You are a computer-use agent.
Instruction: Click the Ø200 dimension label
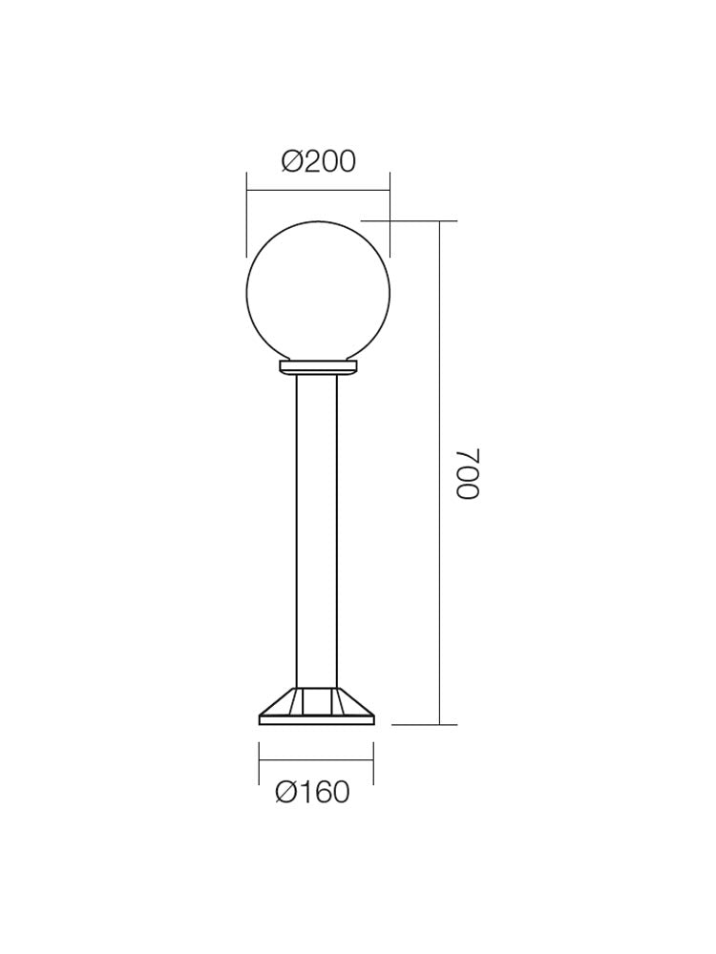click(x=318, y=161)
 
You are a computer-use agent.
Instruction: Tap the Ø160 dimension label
click(x=312, y=793)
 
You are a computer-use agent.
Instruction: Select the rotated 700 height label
click(x=467, y=473)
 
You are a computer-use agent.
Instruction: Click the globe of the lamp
click(x=318, y=292)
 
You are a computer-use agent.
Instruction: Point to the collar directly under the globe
click(x=318, y=366)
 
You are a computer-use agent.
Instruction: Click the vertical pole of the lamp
click(x=317, y=525)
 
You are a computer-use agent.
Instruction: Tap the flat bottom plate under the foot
click(x=316, y=720)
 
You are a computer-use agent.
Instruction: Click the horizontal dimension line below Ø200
click(x=318, y=191)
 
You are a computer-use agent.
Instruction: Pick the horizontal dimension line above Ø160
click(x=316, y=760)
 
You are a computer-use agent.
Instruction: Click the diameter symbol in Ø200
click(x=292, y=161)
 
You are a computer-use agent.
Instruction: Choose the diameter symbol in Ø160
click(x=286, y=793)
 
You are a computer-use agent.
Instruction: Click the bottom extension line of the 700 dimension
click(x=425, y=725)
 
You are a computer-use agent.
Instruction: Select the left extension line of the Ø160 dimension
click(x=259, y=763)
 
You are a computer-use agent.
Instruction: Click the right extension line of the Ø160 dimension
click(x=373, y=763)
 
